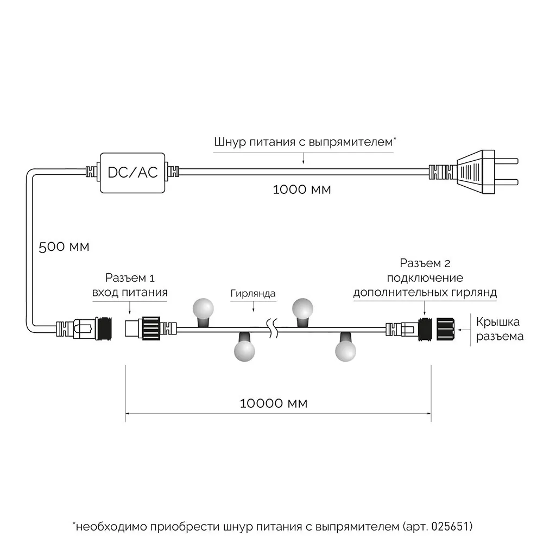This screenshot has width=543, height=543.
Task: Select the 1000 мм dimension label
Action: click(302, 190)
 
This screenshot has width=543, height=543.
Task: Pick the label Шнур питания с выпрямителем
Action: click(303, 143)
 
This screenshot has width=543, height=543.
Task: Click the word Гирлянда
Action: click(252, 294)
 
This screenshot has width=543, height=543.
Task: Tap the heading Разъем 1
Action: click(130, 279)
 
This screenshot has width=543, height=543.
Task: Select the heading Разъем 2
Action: click(425, 264)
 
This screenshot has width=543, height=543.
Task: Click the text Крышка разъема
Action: click(500, 329)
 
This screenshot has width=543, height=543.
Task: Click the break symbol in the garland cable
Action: click(273, 328)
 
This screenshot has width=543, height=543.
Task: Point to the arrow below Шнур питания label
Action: click(303, 159)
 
